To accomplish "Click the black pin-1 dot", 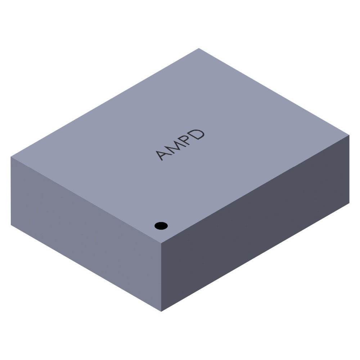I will click(161, 226).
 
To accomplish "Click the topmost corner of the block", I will click(199, 48).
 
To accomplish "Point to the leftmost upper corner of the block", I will click(11, 157).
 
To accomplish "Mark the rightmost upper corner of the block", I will click(349, 135).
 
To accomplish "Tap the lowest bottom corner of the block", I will click(161, 311).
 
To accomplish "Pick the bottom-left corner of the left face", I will click(11, 225).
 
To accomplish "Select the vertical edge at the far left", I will click(11, 191).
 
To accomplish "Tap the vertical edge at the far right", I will click(349, 169).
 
